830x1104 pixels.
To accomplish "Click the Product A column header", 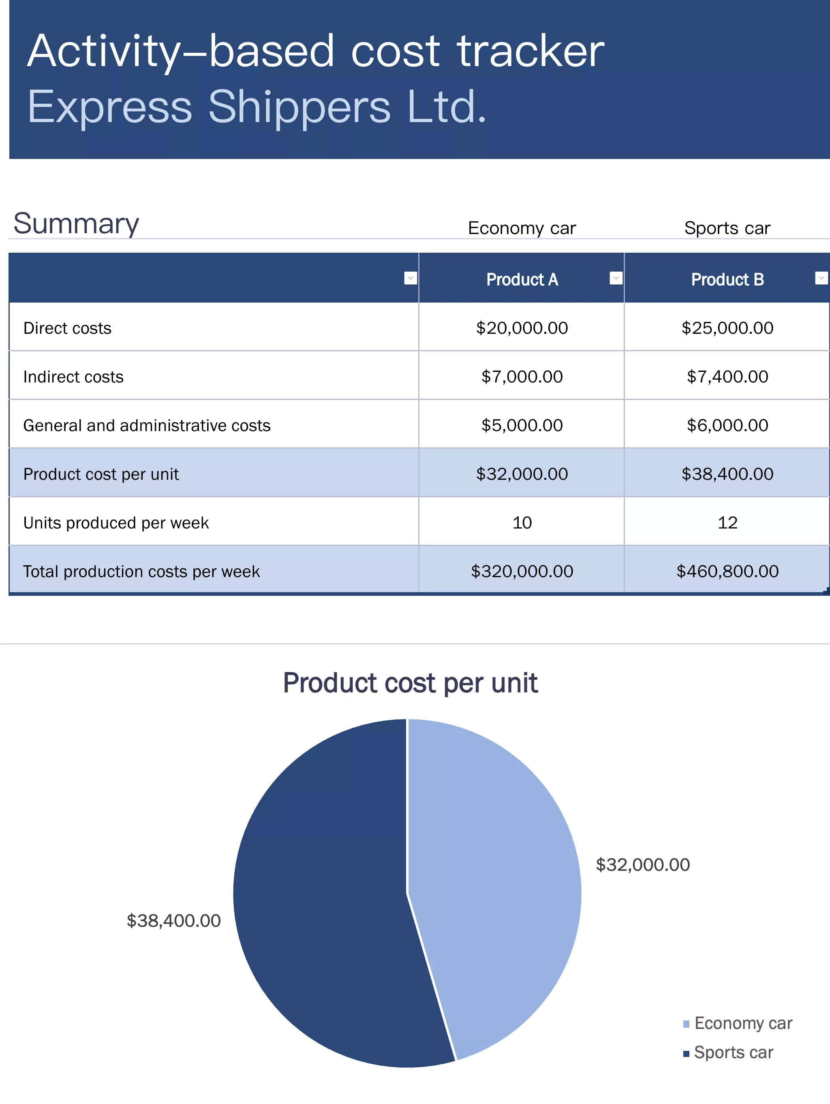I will (x=522, y=279).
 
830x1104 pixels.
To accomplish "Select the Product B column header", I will (x=727, y=279).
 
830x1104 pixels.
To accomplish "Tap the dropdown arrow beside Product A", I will (x=616, y=278).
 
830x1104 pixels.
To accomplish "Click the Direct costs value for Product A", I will (x=522, y=328).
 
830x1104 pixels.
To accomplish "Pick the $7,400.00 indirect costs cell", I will (x=727, y=376).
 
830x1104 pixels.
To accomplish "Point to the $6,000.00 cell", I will (x=727, y=425).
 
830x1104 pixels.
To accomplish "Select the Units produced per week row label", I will (x=116, y=522).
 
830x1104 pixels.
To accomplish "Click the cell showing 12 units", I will (x=727, y=522).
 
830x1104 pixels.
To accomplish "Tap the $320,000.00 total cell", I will (x=522, y=571).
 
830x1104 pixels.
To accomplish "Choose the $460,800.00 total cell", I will (x=727, y=571).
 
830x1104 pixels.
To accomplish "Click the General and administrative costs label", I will (x=147, y=425).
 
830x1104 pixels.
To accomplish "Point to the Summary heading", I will (x=76, y=223).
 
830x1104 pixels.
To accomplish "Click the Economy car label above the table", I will (x=522, y=228).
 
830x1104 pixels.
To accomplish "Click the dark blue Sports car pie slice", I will (x=324, y=898).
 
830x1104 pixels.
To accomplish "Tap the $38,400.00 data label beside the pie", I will (x=173, y=921).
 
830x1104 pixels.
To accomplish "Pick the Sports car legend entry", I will (x=733, y=1052).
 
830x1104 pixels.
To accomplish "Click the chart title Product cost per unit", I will (x=410, y=683).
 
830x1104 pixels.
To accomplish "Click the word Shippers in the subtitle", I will (x=299, y=107).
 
